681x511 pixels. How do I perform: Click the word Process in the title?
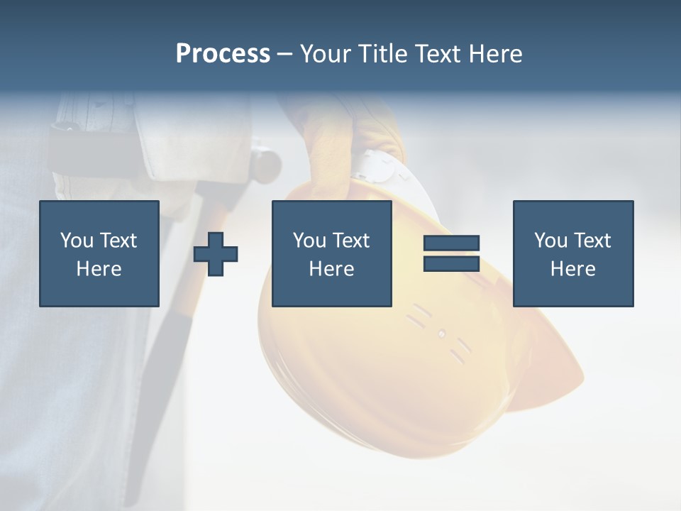coord(223,54)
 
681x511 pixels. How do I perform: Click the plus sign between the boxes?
coord(216,253)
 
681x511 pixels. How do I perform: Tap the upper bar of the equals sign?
coord(451,243)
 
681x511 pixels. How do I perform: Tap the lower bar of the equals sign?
coord(451,263)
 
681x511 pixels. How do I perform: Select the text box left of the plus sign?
coord(99,253)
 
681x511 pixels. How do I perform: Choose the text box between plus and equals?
coord(331,253)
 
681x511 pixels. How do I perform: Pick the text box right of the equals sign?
coord(572,253)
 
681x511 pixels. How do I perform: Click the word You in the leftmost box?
coord(77,241)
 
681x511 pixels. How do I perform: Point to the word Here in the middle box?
coord(331,269)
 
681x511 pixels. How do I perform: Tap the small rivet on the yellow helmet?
coord(441,334)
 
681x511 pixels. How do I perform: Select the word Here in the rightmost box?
coord(572,269)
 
